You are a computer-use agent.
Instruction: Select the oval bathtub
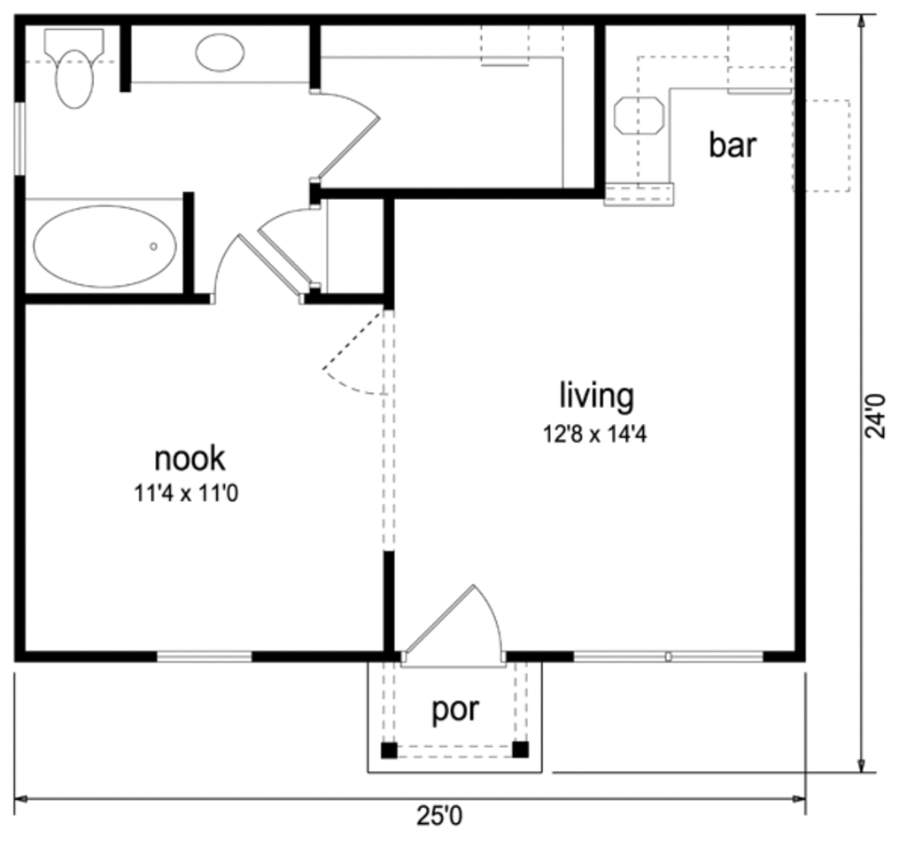(x=105, y=247)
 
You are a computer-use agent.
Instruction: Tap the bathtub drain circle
(x=153, y=247)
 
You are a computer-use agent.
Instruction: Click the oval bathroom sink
(x=220, y=52)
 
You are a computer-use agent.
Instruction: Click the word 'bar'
(x=733, y=144)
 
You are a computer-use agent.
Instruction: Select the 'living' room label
(x=596, y=396)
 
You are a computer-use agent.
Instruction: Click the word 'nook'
(x=190, y=458)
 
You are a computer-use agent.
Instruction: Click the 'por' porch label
(x=455, y=709)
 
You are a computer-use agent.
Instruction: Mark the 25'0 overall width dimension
(x=440, y=816)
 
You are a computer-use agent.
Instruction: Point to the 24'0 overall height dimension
(x=876, y=416)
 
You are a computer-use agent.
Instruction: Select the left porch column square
(x=389, y=751)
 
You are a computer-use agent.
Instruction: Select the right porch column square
(x=521, y=751)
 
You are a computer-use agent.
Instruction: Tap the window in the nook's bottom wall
(x=205, y=657)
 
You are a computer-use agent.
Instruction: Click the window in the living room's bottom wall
(x=668, y=657)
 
